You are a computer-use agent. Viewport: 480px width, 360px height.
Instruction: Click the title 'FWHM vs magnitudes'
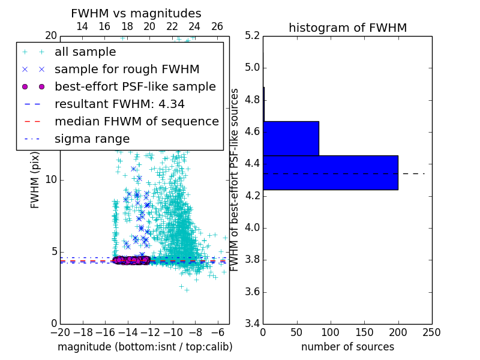136,14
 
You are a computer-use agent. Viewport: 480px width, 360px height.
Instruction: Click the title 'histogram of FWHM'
347,28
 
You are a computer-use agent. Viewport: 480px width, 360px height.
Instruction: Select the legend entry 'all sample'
85,52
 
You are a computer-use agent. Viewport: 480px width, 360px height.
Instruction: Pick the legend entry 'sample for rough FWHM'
127,70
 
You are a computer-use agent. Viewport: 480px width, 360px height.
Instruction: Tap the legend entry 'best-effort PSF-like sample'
135,87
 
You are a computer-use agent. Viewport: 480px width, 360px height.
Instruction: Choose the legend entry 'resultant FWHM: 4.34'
119,104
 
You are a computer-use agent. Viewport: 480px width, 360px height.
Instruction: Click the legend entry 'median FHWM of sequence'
136,122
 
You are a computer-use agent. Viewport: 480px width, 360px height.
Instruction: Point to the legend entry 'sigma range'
92,139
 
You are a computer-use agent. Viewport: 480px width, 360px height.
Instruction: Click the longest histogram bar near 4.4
330,173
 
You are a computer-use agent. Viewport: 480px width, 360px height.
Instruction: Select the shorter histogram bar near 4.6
291,139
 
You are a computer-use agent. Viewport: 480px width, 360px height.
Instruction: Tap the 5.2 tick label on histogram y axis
253,35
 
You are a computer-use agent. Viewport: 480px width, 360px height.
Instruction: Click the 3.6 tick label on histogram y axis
253,292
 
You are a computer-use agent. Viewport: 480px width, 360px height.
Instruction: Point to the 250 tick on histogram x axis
431,332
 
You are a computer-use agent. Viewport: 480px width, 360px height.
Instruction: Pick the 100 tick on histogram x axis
331,332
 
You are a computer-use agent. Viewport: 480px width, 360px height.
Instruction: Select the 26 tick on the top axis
217,26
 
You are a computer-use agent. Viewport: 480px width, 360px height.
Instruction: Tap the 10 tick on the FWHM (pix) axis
51,180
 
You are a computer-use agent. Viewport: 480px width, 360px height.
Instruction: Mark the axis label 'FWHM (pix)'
35,181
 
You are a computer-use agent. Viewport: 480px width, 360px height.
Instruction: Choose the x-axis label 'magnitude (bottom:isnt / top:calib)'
145,347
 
